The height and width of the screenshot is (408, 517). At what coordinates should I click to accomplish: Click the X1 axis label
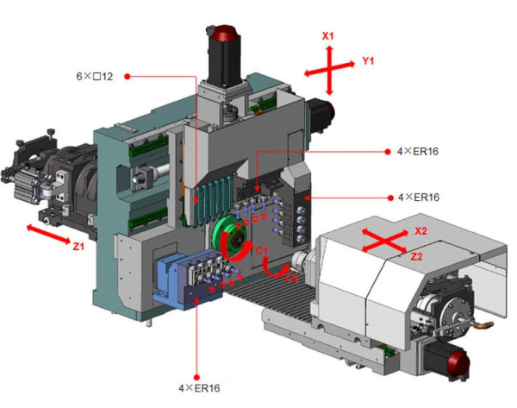(x=327, y=36)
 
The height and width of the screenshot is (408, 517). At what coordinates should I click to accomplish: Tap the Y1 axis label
(x=368, y=60)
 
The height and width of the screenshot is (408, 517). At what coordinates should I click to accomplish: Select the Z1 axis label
(x=78, y=246)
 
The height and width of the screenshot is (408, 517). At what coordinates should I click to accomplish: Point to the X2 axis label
(x=420, y=231)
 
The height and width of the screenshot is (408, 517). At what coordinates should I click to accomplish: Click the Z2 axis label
(x=416, y=256)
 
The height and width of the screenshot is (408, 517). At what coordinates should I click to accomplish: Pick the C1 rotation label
(x=263, y=251)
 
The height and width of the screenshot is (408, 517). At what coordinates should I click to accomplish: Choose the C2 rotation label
(x=291, y=279)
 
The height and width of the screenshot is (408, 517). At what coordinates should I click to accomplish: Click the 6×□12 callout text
(x=95, y=77)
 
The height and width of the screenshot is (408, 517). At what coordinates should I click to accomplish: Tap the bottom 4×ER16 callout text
(x=199, y=388)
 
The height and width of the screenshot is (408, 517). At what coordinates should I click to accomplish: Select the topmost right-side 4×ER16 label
(x=418, y=152)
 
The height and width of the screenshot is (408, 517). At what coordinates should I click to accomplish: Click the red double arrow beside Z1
(x=48, y=235)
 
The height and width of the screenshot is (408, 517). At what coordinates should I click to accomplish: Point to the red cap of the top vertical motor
(x=225, y=33)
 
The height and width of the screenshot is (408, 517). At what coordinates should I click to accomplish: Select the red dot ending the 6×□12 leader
(x=128, y=77)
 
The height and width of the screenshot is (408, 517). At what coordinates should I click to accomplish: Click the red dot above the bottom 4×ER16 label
(x=196, y=377)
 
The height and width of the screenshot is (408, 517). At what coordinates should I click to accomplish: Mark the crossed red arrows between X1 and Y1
(x=329, y=71)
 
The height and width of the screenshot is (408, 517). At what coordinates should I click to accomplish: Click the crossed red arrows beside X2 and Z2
(x=385, y=242)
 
